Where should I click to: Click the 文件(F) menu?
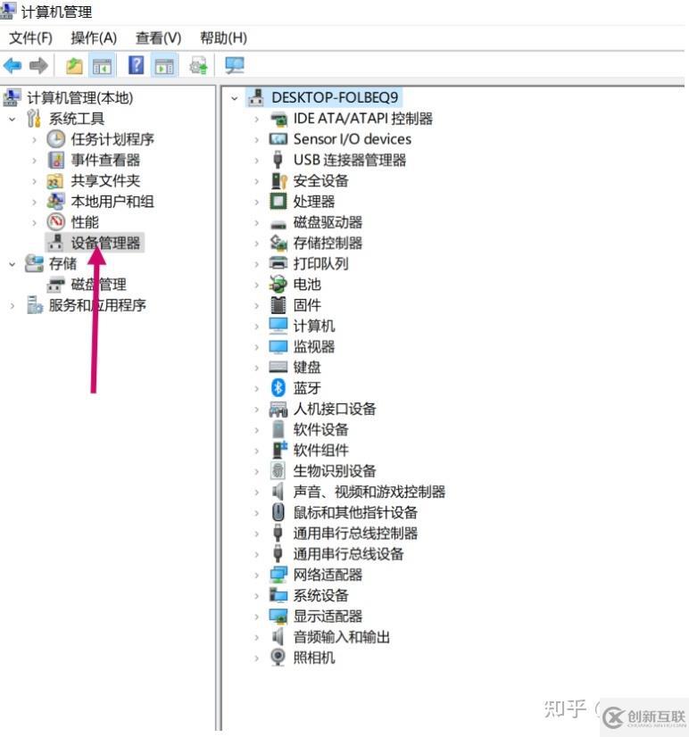coord(30,37)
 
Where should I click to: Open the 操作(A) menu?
coord(94,37)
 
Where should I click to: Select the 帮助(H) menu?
coord(223,37)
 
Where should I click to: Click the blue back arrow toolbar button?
coord(12,65)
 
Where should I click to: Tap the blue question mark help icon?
coord(136,65)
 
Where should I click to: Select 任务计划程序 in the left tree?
coord(112,139)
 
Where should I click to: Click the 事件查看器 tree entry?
coord(105,160)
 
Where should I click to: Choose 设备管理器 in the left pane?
coord(105,243)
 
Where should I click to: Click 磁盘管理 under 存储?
coord(98,284)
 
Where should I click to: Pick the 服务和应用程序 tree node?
coord(97,305)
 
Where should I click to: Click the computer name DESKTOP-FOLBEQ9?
coord(335,97)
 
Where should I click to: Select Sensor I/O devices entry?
coord(353,139)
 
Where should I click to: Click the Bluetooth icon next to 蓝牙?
coord(278,387)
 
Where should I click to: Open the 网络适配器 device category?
coord(328,575)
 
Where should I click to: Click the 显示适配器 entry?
coord(328,616)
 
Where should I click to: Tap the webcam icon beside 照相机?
coord(278,657)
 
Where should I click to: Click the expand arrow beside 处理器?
coord(256,202)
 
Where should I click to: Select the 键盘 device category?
coord(307,367)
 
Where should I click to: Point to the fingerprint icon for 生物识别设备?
coord(278,470)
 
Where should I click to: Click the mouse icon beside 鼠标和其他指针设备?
coord(278,512)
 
